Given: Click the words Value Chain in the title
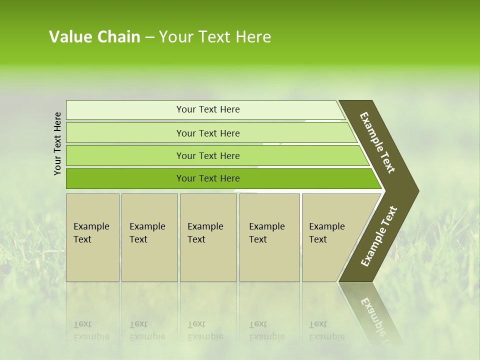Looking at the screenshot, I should tap(94, 37).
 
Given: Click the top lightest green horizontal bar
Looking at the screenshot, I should tap(125, 110).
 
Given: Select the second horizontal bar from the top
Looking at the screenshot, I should tap(125, 133).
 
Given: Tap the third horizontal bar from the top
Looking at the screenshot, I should tap(125, 155).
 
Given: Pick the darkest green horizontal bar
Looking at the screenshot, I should tap(125, 178).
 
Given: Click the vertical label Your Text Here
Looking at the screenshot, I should tap(57, 143).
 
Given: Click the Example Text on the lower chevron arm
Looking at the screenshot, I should tap(379, 236).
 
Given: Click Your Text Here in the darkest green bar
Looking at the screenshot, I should tap(208, 178).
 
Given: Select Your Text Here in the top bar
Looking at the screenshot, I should tap(208, 109).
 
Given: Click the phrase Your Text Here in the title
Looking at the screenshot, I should tap(215, 37).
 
